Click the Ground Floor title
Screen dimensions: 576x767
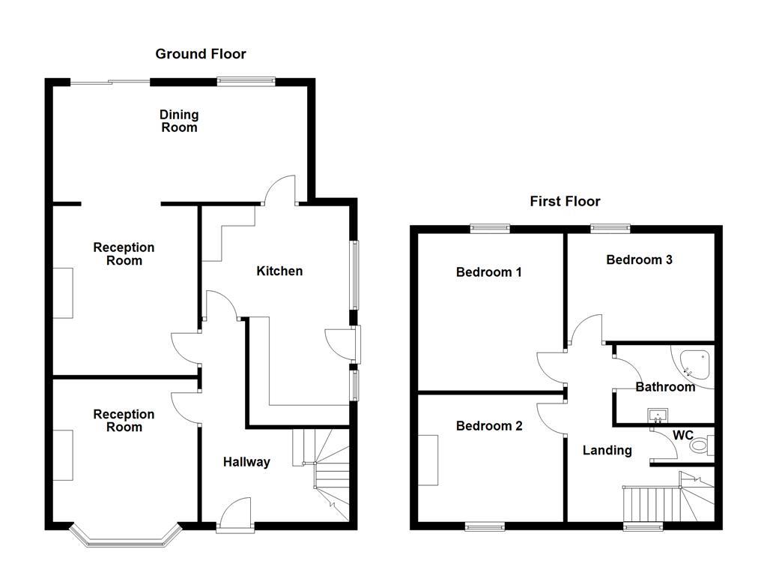click(x=200, y=54)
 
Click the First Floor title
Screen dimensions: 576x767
click(x=565, y=201)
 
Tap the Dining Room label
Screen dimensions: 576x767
click(x=179, y=121)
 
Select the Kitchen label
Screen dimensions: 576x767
click(x=279, y=271)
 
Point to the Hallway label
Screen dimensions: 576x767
click(x=246, y=462)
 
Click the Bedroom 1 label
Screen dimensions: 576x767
click(x=488, y=272)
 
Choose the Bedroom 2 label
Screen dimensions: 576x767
click(x=489, y=426)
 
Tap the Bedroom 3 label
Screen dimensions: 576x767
click(x=639, y=260)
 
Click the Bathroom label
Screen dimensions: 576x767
click(x=665, y=387)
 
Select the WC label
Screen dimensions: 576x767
click(x=682, y=435)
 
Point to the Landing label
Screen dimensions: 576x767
click(x=607, y=450)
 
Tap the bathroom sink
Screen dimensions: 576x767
click(x=658, y=415)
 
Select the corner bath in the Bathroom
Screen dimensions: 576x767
click(x=694, y=365)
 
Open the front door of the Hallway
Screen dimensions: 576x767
click(x=236, y=517)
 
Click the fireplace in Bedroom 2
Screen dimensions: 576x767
click(x=428, y=460)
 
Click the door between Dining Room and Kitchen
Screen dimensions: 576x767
click(x=280, y=190)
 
